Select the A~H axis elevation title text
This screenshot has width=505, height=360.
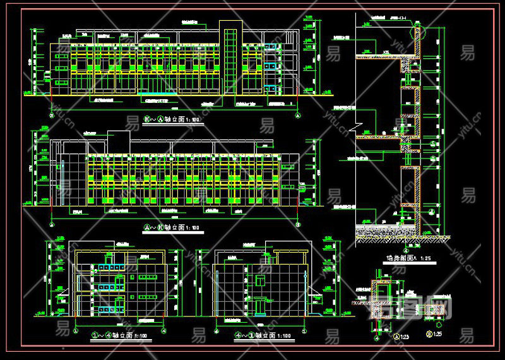click(x=172, y=227)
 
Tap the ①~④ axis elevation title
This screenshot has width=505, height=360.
click(x=120, y=336)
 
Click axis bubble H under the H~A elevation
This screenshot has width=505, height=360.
click(x=51, y=116)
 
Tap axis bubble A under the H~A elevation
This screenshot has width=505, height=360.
click(x=297, y=116)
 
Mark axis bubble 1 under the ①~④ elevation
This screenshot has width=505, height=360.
click(x=76, y=330)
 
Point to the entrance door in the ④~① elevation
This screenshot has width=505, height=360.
click(x=259, y=304)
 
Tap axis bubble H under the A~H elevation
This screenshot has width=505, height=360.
click(x=297, y=224)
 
